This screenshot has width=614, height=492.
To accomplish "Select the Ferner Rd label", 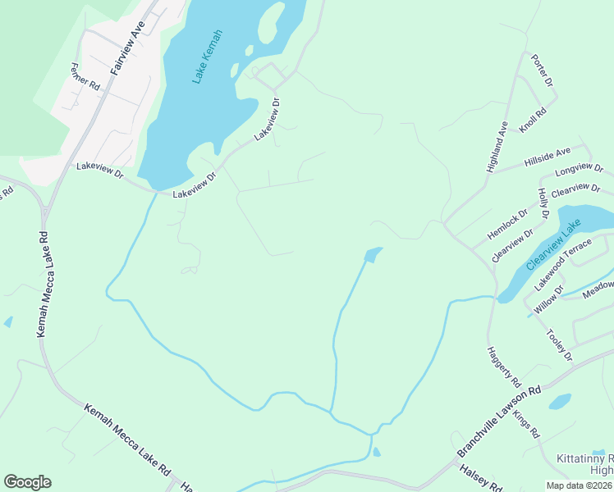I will point(85,76).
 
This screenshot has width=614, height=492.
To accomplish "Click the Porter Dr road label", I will point(543,71).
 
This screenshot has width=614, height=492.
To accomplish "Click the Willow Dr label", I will point(549,299).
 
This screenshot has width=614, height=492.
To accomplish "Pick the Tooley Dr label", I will point(559,345).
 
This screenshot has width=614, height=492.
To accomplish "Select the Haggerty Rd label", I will point(504,367).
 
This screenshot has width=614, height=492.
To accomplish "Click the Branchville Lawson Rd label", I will point(500,422).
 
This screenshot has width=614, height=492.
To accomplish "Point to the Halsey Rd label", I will point(481,478).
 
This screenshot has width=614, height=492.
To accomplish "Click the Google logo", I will point(27,482).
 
